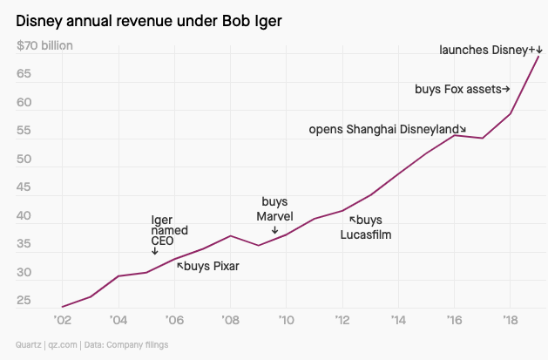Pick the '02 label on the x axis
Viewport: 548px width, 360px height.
[x=63, y=320]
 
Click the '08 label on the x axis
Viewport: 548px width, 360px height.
[x=230, y=320]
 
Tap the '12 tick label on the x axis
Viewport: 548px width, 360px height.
[x=342, y=320]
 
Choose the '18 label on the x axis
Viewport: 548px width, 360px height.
[x=510, y=320]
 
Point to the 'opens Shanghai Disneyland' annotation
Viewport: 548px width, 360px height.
[x=387, y=129]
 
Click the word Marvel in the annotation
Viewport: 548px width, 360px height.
[x=274, y=215]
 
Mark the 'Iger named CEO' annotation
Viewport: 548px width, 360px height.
[x=164, y=230]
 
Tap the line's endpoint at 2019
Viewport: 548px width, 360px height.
[x=538, y=57]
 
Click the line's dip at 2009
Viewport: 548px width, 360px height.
[x=258, y=245]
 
